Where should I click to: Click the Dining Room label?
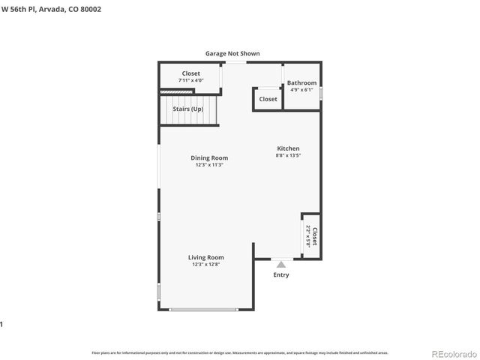pyautogui.click(x=208, y=157)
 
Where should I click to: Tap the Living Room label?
pyautogui.click(x=205, y=257)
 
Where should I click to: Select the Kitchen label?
pyautogui.click(x=288, y=148)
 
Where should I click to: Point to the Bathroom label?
pyautogui.click(x=302, y=82)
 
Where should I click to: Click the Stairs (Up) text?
pyautogui.click(x=188, y=109)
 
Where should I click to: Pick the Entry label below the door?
pyautogui.click(x=281, y=274)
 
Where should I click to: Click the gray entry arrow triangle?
pyautogui.click(x=281, y=263)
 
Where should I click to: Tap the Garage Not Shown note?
pyautogui.click(x=232, y=53)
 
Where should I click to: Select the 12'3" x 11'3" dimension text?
pyautogui.click(x=208, y=165)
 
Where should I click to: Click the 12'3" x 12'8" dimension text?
pyautogui.click(x=205, y=264)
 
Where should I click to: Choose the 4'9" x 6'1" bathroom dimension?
pyautogui.click(x=302, y=90)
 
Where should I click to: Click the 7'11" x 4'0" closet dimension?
pyautogui.click(x=190, y=80)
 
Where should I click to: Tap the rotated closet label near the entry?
pyautogui.click(x=315, y=237)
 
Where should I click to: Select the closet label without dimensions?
pyautogui.click(x=268, y=99)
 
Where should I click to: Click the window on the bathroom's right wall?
pyautogui.click(x=321, y=94)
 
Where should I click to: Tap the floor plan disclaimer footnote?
pyautogui.click(x=240, y=352)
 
